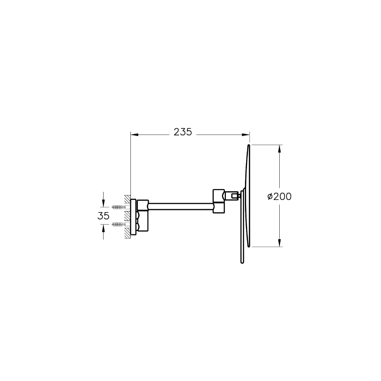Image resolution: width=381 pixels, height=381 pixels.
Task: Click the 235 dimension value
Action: coord(183,132)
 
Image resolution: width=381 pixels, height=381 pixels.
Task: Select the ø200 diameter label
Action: coord(279,196)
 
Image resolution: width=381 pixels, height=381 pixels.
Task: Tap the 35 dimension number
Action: coord(104,216)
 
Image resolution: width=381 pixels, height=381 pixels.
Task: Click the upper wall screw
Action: coord(119,207)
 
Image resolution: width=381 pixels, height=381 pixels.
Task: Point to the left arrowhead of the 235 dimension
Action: coord(134,134)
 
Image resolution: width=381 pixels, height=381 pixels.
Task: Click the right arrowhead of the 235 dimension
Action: coord(246,134)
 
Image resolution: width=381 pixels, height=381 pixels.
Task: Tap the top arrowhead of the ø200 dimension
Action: coord(279,149)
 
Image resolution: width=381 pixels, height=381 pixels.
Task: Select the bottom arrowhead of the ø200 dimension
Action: coord(279,243)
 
